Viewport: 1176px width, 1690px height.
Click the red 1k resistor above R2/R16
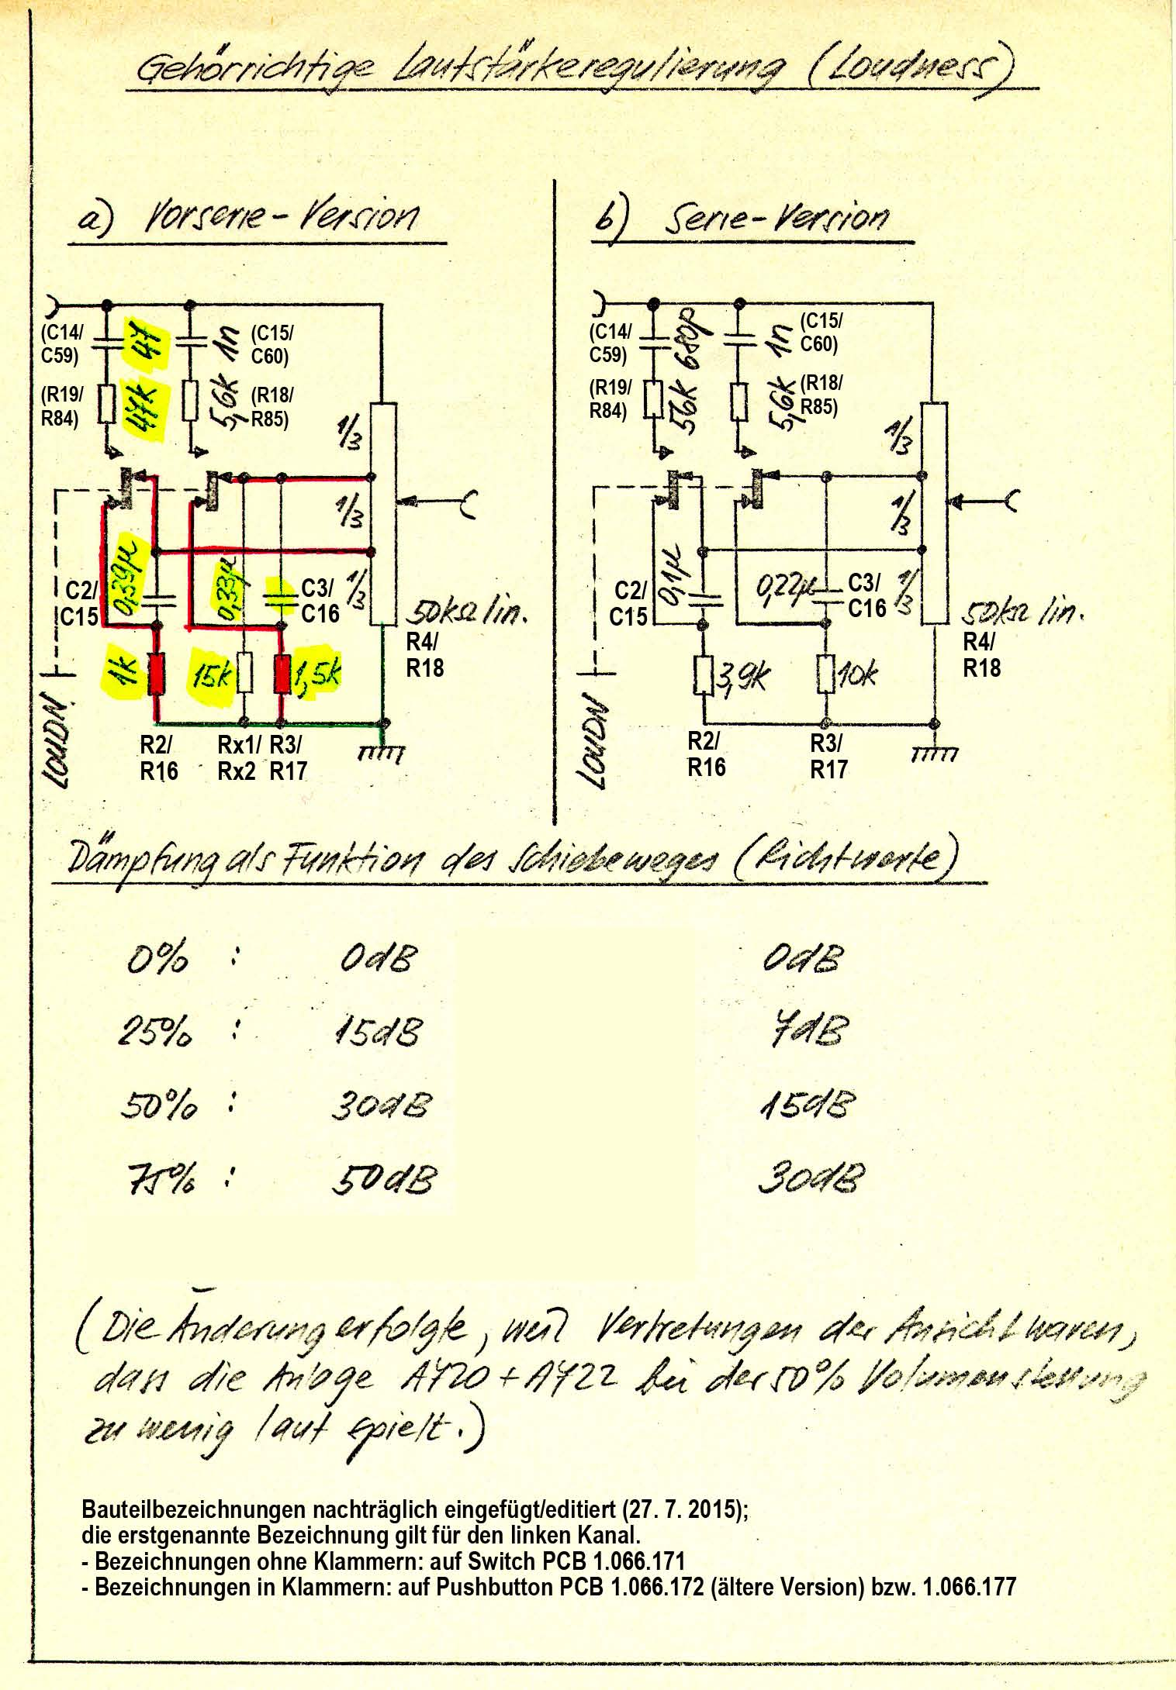click(x=157, y=672)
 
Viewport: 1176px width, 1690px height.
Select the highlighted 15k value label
click(x=213, y=674)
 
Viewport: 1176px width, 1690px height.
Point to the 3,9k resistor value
click(x=742, y=676)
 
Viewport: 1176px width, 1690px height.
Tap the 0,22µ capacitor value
click(x=784, y=587)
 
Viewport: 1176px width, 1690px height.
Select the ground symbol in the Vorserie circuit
click(x=382, y=750)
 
